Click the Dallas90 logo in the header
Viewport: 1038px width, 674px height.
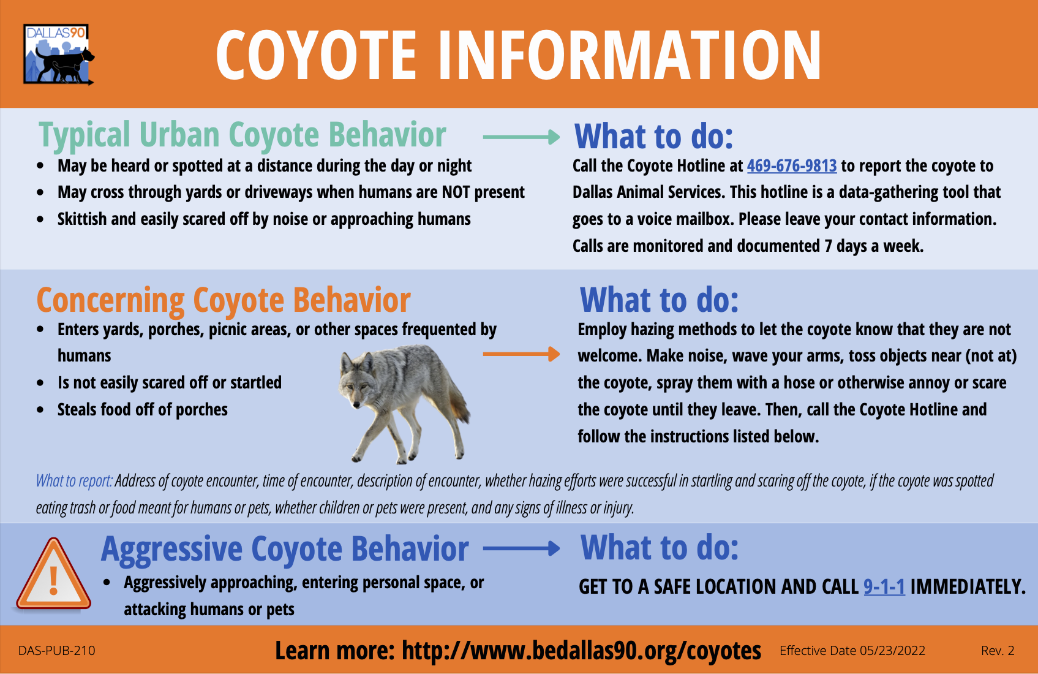(58, 55)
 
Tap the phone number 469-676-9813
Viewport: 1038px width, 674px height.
(791, 166)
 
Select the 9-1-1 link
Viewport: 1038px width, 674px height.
(884, 587)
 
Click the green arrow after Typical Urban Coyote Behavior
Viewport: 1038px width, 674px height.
(521, 137)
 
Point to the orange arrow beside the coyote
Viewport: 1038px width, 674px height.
(521, 354)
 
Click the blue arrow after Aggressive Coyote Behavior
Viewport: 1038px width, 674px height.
(521, 548)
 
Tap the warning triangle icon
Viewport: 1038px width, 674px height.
(54, 574)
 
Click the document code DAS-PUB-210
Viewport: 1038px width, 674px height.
(56, 651)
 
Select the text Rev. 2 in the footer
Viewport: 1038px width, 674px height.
(998, 651)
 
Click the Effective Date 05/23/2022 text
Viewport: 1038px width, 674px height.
(852, 651)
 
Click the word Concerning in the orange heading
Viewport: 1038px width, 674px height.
(110, 300)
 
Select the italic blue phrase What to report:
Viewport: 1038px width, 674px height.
(74, 481)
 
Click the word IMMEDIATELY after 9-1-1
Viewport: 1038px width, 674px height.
(968, 587)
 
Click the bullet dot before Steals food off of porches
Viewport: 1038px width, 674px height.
(40, 411)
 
